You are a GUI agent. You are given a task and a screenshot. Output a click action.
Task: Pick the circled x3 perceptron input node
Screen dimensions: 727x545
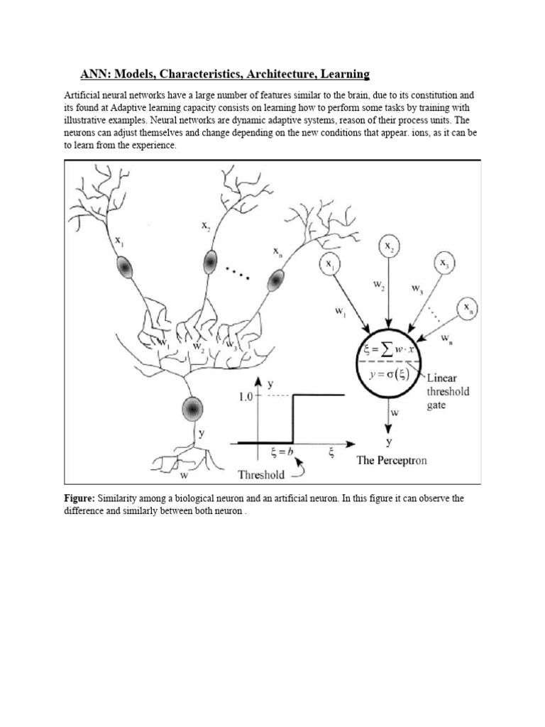[x=444, y=264]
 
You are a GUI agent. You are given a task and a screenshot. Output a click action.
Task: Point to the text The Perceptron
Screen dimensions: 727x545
[x=392, y=461]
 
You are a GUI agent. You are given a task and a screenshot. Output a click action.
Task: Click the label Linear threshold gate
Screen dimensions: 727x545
[x=447, y=391]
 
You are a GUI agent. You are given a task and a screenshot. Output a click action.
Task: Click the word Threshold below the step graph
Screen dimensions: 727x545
[x=260, y=474]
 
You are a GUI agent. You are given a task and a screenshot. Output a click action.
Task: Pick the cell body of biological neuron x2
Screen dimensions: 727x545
[x=209, y=263]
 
